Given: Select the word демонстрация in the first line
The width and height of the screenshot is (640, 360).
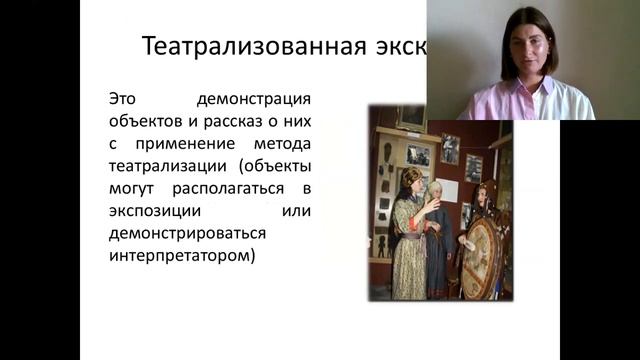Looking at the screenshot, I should [255, 100].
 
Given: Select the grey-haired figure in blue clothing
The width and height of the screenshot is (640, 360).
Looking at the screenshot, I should [440, 240].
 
